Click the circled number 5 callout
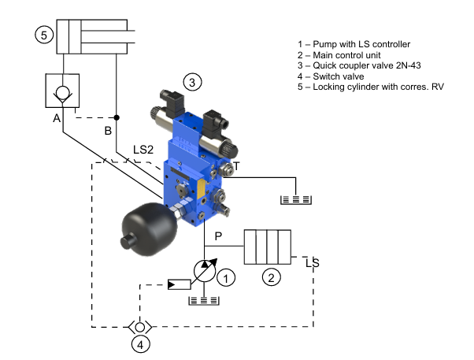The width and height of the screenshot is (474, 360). [44, 35]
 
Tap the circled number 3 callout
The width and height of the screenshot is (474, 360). [192, 82]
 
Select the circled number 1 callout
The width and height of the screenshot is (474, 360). [226, 277]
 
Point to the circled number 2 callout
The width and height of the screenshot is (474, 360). [271, 277]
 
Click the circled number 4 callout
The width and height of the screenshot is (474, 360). [141, 344]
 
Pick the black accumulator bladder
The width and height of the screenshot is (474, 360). [149, 228]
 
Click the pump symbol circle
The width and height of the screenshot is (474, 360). [205, 271]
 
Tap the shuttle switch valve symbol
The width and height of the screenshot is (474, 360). [139, 327]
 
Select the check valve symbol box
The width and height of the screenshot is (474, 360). [62, 91]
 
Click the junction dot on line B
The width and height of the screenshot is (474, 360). [117, 117]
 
